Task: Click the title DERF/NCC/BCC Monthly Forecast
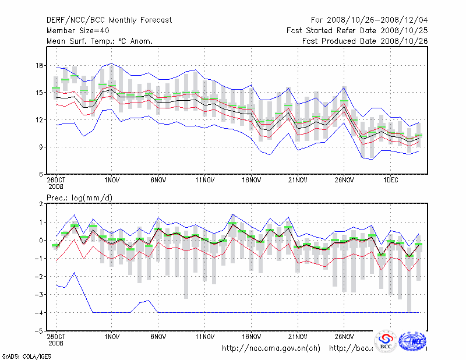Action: point(109,20)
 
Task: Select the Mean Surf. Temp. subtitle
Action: point(100,41)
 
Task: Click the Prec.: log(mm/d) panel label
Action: point(79,198)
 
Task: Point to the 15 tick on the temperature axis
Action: point(40,93)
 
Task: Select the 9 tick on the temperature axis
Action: point(41,147)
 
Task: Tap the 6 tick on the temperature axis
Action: point(41,174)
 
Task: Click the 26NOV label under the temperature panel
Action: point(344,180)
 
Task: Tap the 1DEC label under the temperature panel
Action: point(391,180)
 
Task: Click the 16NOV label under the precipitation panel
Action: point(252,337)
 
